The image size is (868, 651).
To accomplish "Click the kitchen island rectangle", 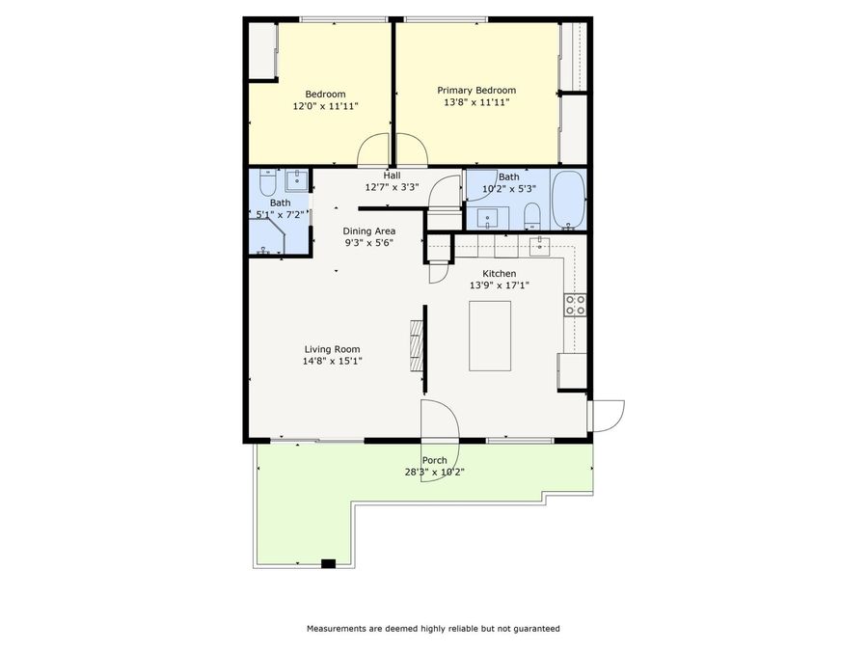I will (x=490, y=336).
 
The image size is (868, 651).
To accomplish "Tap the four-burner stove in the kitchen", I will (x=576, y=306).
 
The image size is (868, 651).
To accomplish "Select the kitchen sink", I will (x=540, y=246).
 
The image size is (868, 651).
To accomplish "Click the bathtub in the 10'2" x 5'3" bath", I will (x=568, y=200).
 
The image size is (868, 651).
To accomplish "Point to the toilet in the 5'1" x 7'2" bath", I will (x=267, y=182).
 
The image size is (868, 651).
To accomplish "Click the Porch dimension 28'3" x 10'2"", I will (x=435, y=472).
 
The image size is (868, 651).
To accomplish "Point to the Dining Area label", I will (x=369, y=231).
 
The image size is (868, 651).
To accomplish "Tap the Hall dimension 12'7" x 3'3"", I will (x=392, y=187).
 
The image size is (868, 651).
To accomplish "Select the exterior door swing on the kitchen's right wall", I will (x=609, y=415).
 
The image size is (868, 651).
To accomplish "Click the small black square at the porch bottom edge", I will (x=328, y=563).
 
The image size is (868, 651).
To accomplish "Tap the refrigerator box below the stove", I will (x=572, y=370).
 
